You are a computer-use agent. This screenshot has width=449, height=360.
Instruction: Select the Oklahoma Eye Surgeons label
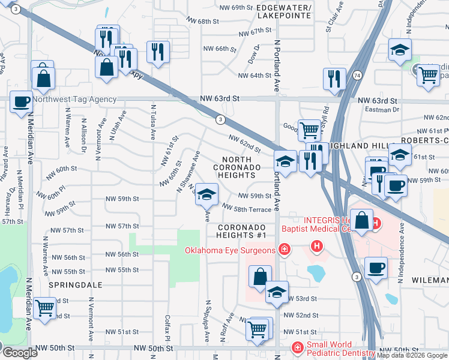[230, 250]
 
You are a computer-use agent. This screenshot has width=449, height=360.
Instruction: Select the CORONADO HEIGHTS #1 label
[242, 232]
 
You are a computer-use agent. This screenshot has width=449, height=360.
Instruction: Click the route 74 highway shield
[357, 76]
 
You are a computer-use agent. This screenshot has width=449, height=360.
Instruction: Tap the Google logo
[19, 353]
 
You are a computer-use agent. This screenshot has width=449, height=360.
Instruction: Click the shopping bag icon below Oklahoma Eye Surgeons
[261, 277]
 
